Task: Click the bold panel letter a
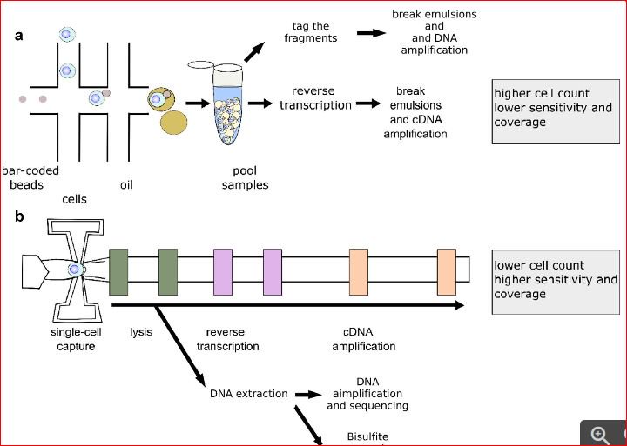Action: click(x=19, y=37)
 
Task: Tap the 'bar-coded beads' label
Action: click(x=30, y=177)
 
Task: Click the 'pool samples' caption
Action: click(x=251, y=177)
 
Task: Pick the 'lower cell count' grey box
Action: click(x=555, y=279)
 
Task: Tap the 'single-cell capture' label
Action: click(x=73, y=339)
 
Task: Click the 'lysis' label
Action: click(x=141, y=332)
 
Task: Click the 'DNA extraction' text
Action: click(x=249, y=394)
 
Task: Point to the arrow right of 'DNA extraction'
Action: click(x=308, y=394)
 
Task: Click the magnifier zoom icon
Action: click(x=600, y=435)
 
